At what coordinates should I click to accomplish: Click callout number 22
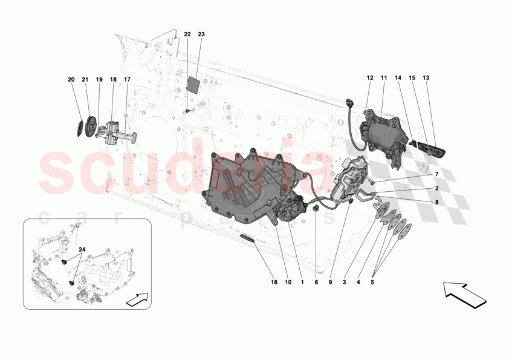[x=187, y=34]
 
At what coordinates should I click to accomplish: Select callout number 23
[x=201, y=34]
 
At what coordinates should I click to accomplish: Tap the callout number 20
[x=71, y=79]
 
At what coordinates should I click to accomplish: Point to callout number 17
[x=128, y=79]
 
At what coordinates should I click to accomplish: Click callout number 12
[x=369, y=77]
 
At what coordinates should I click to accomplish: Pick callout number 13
[x=426, y=77]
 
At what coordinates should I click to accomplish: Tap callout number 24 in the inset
[x=82, y=249]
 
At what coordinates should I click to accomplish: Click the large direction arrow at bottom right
[x=464, y=293]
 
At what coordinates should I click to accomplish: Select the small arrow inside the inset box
[x=137, y=298]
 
